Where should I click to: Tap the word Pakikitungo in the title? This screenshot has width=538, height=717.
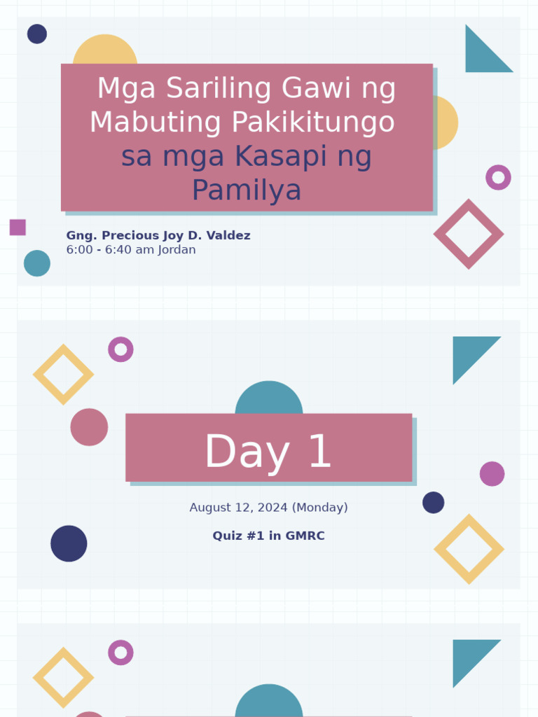[312, 123]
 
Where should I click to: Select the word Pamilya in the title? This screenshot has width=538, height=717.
[247, 190]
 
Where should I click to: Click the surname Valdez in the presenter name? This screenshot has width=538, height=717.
[227, 236]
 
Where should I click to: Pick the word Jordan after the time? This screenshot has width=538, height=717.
[177, 250]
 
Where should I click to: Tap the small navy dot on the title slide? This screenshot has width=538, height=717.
[37, 34]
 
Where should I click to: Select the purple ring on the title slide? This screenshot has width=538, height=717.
[498, 177]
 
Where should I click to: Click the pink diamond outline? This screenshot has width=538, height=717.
[469, 234]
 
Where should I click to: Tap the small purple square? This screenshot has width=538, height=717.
[18, 227]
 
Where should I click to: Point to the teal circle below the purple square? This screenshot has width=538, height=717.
[37, 263]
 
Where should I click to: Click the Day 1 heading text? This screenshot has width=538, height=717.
[268, 452]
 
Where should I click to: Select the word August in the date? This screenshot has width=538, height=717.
[211, 508]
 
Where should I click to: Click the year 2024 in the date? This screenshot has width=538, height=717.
[271, 508]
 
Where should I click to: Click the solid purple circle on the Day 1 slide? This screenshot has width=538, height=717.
[492, 474]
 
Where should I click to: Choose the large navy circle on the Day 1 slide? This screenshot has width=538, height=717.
[69, 543]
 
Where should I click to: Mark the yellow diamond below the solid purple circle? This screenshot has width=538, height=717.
[469, 549]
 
